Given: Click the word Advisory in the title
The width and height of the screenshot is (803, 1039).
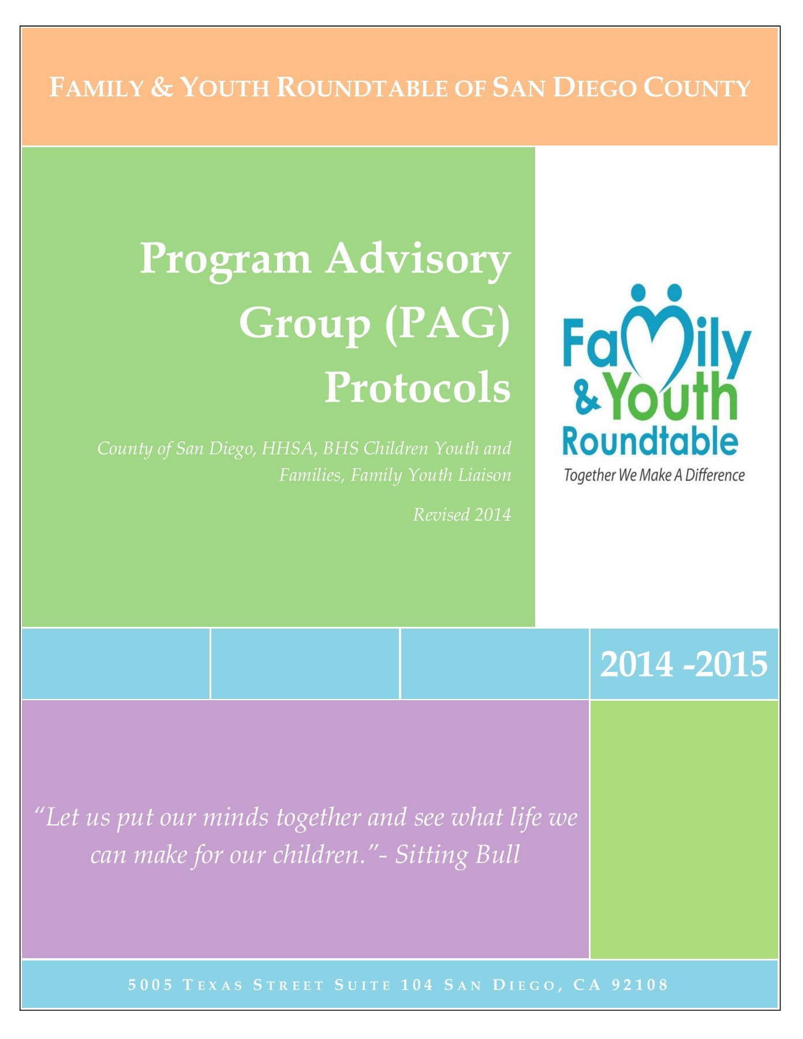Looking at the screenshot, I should [x=417, y=259].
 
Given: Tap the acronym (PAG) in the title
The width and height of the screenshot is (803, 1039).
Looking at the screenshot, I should [x=447, y=323].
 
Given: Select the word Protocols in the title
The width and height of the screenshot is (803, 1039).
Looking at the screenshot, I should [x=417, y=388].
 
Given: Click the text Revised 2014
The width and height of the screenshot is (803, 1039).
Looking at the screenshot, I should [x=462, y=514].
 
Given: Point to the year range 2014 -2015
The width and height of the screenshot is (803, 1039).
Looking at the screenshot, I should [x=684, y=664].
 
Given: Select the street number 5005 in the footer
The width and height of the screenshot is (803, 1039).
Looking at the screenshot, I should [x=151, y=985].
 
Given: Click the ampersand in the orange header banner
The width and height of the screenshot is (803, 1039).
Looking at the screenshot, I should [x=162, y=88].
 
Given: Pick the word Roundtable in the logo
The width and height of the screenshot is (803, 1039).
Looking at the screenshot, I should [x=650, y=442].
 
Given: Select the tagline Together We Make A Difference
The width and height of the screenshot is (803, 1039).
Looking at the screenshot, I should [x=654, y=475].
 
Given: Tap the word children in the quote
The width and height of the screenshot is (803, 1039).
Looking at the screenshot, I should [x=320, y=855].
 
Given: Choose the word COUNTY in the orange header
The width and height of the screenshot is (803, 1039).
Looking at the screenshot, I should [x=697, y=88].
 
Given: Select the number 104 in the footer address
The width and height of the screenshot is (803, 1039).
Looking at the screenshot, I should [x=417, y=985].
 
